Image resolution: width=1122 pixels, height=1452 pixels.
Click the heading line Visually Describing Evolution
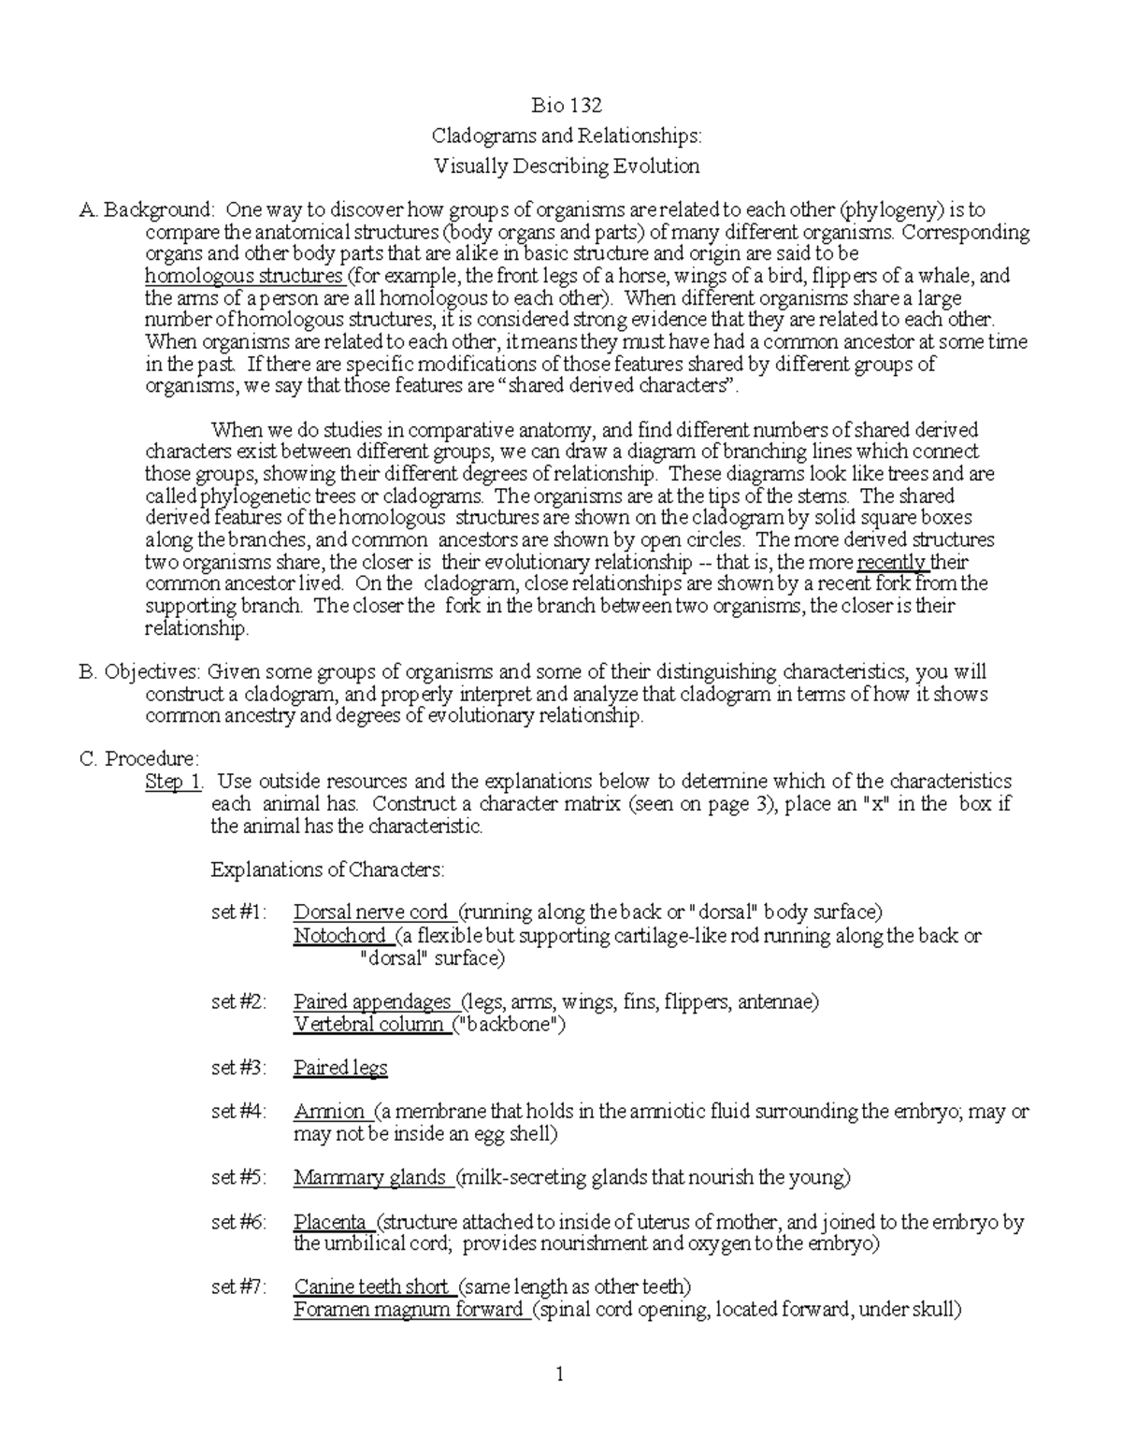point(566,166)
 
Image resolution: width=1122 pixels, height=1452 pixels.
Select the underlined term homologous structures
point(244,276)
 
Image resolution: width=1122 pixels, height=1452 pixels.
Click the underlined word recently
point(892,562)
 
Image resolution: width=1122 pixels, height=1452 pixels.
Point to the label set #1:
point(238,912)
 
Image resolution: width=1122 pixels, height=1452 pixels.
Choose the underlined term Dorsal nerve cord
point(371,912)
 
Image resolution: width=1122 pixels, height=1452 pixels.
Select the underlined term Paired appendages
point(372,1002)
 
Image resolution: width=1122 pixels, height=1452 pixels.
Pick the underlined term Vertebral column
point(368,1024)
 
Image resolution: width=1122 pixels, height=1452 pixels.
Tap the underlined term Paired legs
point(340,1068)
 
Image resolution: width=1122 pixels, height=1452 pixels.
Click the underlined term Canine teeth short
point(371,1287)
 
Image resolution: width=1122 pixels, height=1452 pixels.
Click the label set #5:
point(238,1177)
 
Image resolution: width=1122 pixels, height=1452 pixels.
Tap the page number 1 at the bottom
point(560,1374)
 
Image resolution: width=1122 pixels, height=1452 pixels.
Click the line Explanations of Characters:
point(328,870)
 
